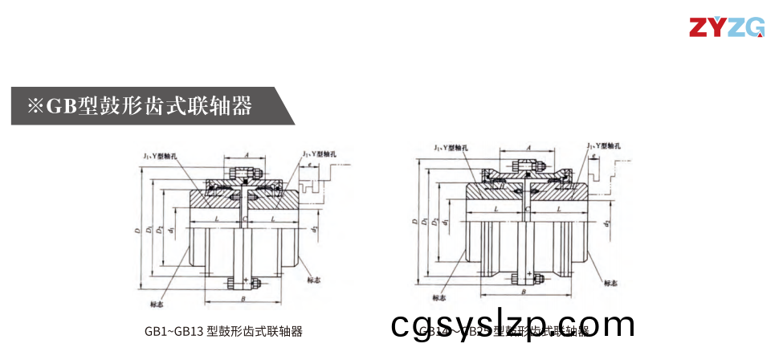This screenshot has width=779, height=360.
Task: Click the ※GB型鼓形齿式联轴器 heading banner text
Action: [x=140, y=106]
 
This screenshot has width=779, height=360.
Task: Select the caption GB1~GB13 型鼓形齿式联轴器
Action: [x=223, y=331]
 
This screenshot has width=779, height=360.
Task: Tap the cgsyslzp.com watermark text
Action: [x=514, y=325]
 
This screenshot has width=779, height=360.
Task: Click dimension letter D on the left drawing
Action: [x=138, y=231]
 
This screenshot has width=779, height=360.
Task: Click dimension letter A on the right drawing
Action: [x=528, y=148]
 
